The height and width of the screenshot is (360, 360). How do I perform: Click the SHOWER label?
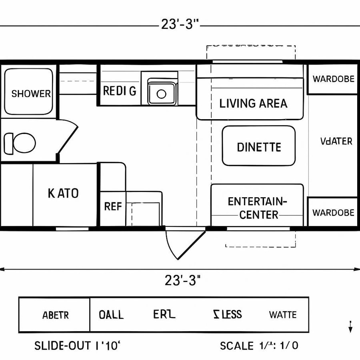[31, 94]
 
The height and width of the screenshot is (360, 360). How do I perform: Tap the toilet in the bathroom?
[20, 143]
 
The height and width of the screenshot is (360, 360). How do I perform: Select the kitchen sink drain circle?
[161, 94]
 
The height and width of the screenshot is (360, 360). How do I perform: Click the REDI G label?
[120, 91]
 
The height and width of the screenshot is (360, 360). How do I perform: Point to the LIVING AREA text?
[253, 103]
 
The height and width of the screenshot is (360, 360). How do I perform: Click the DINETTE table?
[259, 146]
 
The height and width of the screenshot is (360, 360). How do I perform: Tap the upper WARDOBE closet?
[333, 79]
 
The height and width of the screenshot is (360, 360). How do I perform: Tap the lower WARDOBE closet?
[333, 212]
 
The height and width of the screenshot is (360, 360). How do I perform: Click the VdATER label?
[336, 141]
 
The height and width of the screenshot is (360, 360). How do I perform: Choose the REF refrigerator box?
[112, 206]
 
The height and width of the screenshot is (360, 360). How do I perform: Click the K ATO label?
[63, 194]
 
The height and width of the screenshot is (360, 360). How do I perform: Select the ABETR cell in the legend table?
[55, 315]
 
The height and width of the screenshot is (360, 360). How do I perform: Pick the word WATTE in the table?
[282, 315]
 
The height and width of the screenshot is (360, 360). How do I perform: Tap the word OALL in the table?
[111, 315]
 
